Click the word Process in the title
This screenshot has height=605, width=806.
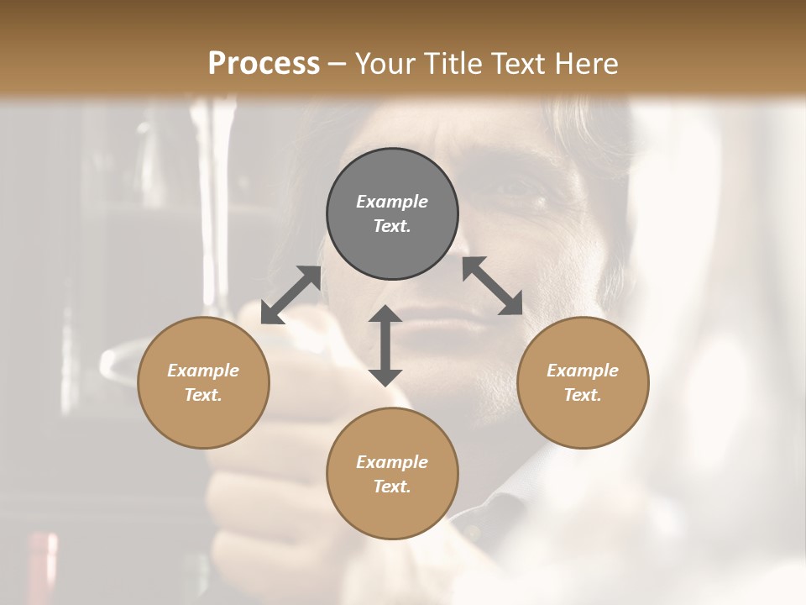click(264, 64)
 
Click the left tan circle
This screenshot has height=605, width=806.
click(203, 382)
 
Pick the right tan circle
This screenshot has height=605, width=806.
click(583, 382)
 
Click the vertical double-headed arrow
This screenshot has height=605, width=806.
click(385, 345)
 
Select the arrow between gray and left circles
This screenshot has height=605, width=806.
click(290, 295)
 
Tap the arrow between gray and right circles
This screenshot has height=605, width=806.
click(492, 286)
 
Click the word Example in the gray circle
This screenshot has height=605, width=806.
click(392, 202)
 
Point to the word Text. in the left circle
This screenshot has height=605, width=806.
click(203, 395)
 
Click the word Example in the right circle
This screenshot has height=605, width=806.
click(583, 371)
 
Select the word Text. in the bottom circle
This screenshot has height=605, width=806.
click(392, 487)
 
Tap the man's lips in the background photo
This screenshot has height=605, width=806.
click(441, 323)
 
